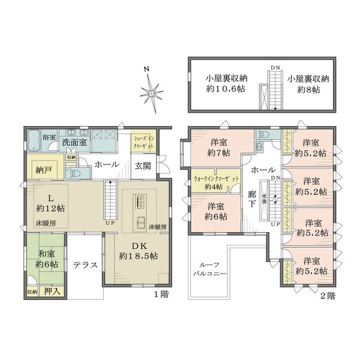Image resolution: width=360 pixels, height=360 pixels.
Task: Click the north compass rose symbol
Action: (151, 91)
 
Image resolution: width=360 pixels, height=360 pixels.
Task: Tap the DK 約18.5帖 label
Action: (138, 249)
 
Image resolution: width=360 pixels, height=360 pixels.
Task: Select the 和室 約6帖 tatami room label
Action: (46, 259)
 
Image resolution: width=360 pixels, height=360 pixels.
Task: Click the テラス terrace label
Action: (85, 265)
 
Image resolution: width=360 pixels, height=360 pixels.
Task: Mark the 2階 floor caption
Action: (328, 295)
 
